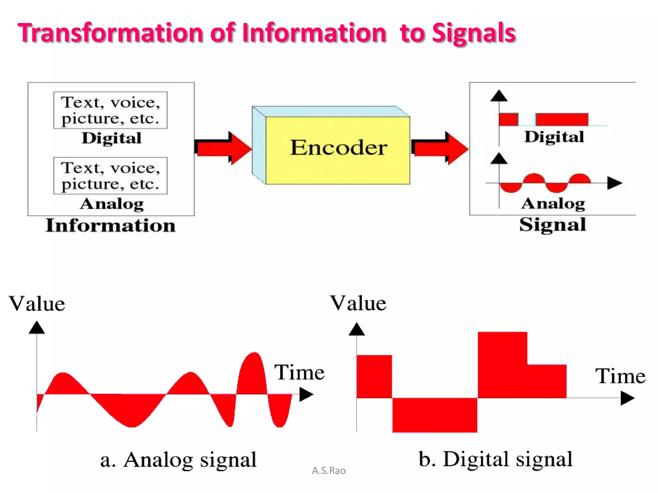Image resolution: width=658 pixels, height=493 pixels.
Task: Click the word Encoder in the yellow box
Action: [x=339, y=148]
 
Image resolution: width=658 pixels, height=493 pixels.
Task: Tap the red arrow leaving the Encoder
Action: [x=440, y=148]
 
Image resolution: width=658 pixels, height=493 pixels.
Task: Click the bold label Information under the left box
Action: [x=111, y=225]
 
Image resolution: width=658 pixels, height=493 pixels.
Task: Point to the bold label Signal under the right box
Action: [x=553, y=225]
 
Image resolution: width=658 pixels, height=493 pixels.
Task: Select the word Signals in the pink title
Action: [x=474, y=33]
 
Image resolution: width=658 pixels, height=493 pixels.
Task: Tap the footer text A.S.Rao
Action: [x=329, y=471]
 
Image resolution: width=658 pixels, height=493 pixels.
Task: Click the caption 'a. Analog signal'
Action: [x=178, y=460]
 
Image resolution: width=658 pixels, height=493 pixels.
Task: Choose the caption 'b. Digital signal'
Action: [x=495, y=459]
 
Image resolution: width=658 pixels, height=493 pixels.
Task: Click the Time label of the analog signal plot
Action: [x=299, y=372]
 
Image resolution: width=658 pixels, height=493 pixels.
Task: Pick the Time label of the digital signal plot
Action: [x=620, y=376]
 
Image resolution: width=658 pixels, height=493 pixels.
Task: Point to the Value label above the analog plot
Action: [x=37, y=304]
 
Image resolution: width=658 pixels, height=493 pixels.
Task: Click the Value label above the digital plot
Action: [x=358, y=303]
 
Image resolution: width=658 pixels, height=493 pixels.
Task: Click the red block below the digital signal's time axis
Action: [x=434, y=415]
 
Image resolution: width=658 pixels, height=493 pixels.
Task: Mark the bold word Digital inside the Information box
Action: [x=111, y=138]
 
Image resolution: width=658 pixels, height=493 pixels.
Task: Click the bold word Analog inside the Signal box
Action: [x=553, y=203]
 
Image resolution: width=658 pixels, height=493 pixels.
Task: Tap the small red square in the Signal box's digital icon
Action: [x=509, y=119]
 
